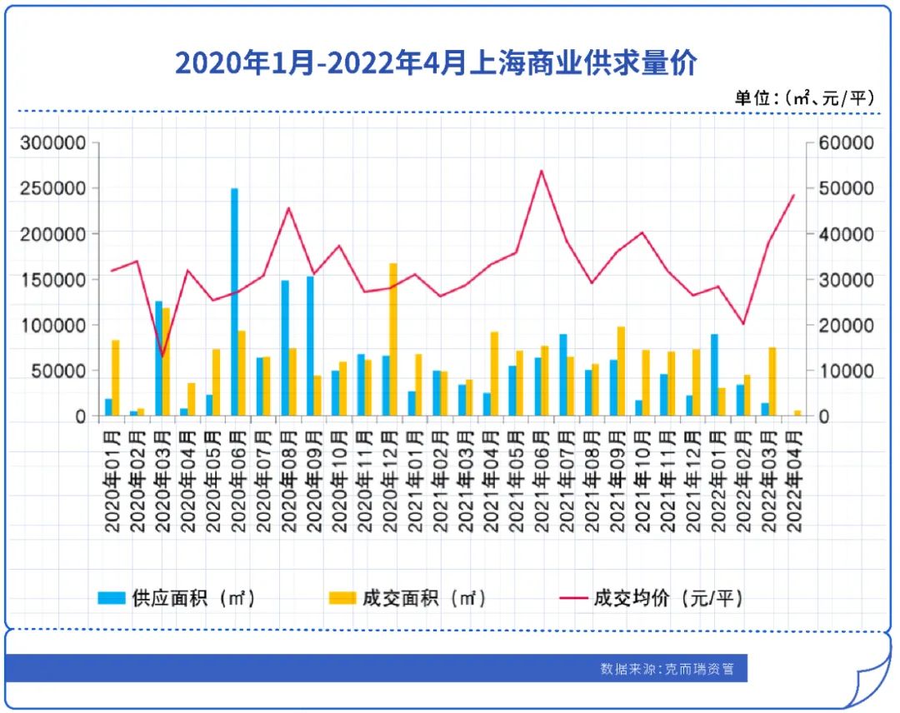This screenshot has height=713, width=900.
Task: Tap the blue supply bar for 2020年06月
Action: coord(234,302)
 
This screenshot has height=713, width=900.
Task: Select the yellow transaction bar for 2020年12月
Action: coord(393,339)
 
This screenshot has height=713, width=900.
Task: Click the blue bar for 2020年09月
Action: coord(310,346)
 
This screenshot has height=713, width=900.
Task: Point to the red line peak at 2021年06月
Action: coord(541,171)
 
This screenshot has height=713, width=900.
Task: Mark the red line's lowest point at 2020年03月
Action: coord(163,356)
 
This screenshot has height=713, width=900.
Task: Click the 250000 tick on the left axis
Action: coord(53,188)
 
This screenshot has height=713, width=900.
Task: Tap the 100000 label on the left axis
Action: coord(53,325)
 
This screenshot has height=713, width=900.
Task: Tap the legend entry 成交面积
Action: coord(408,598)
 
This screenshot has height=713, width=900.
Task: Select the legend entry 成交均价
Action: coord(650,598)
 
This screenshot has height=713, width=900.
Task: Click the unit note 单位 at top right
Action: coord(805,97)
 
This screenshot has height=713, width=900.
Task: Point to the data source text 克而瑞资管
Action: coord(667,668)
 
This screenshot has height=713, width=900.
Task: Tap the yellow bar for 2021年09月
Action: coord(621,371)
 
